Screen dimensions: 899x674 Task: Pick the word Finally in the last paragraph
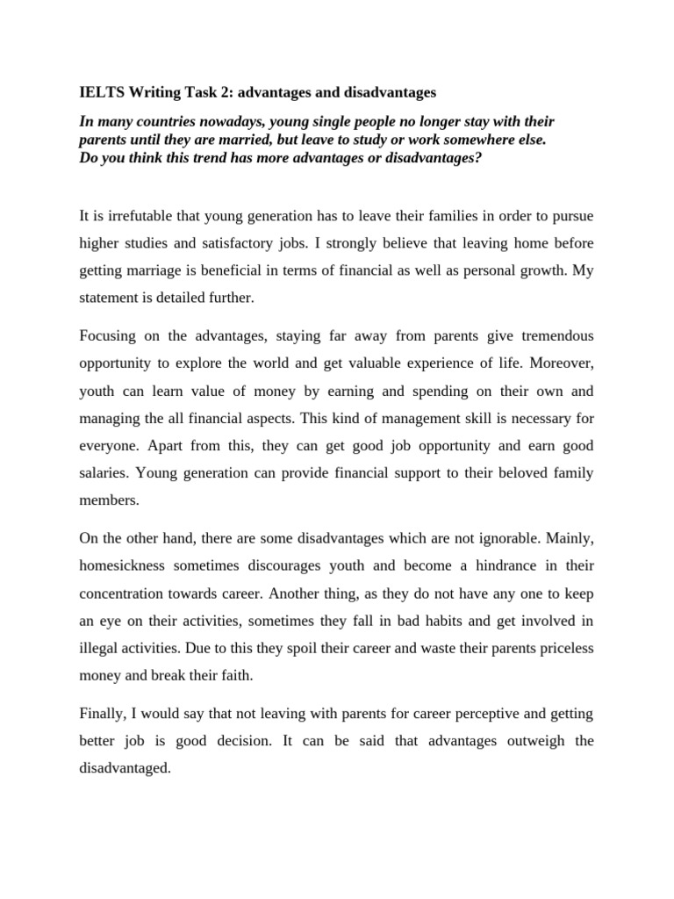click(103, 714)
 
